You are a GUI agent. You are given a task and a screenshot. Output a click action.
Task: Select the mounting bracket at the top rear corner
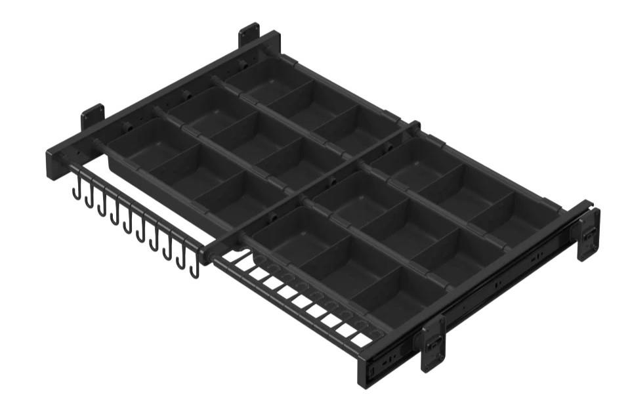(x=249, y=34)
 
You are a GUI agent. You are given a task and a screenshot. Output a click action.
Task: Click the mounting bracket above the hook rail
(x=93, y=116)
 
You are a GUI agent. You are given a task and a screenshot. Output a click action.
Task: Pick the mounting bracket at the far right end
(x=588, y=234)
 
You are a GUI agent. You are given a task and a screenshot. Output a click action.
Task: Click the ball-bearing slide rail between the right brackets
(x=505, y=289)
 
